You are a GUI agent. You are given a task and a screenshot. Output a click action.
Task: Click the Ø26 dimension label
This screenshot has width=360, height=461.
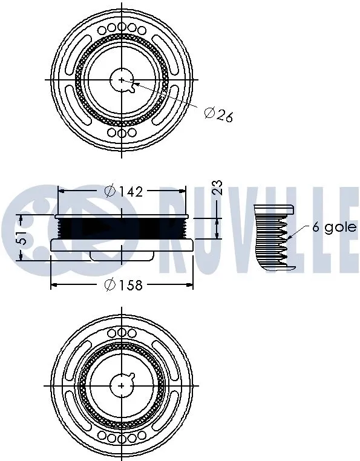(x=219, y=114)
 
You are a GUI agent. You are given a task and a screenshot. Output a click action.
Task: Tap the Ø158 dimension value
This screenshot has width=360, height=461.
(x=123, y=284)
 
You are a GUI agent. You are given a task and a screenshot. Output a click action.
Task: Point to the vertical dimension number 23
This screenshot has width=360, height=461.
(x=218, y=188)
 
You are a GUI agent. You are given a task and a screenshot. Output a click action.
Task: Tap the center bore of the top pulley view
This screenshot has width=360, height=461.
(x=122, y=80)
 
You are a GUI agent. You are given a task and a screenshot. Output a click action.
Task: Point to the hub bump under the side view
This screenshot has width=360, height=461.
(x=109, y=256)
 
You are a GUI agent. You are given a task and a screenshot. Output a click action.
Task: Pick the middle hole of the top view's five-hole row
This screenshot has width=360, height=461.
(x=122, y=27)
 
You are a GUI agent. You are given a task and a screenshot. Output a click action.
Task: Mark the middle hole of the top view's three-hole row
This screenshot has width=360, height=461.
(x=122, y=132)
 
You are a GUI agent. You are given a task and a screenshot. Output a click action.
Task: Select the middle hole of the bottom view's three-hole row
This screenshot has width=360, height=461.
(x=122, y=332)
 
